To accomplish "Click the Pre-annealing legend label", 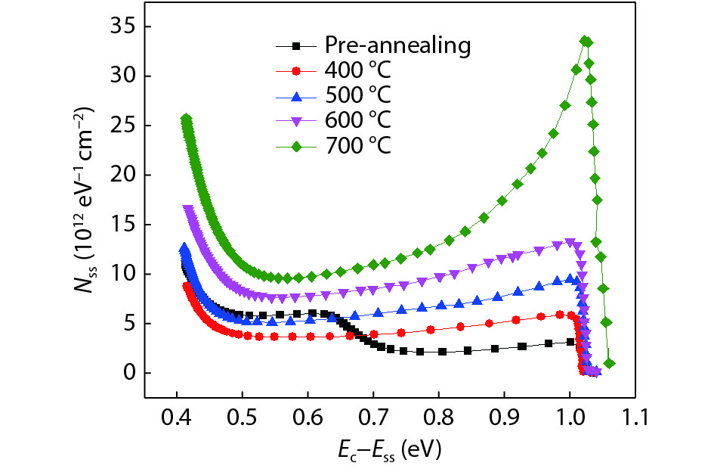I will coord(397,45).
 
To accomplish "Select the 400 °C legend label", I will coord(359,70).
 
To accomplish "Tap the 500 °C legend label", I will coord(359,95).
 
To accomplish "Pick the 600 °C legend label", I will coord(359,120).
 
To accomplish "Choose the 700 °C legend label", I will coord(359,144).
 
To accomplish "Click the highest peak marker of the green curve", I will coord(585,41).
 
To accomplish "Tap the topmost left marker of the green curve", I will coord(187,119).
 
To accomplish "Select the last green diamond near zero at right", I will coord(610,364).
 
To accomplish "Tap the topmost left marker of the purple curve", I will coord(188,209).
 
